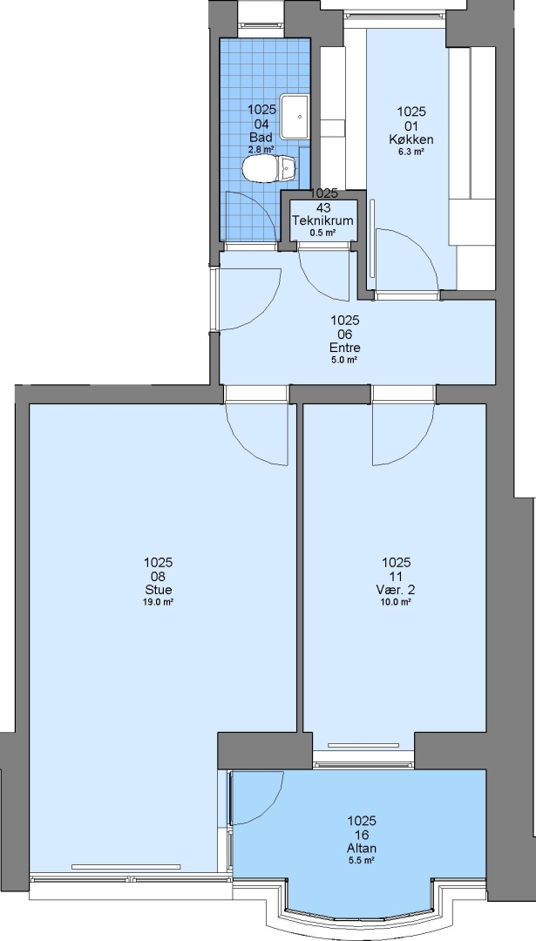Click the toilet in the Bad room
coord(269,168)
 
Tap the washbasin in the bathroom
coord(295,116)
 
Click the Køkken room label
coord(411,139)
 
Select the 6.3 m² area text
coord(411,152)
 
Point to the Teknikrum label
coord(322,220)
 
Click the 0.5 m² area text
coord(322,233)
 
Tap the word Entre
coord(344,348)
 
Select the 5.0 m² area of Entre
coord(344,360)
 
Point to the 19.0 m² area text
coord(158,602)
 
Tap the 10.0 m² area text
coord(397,602)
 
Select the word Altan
coord(362,848)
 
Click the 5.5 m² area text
coord(362,861)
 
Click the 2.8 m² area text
coord(261,149)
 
